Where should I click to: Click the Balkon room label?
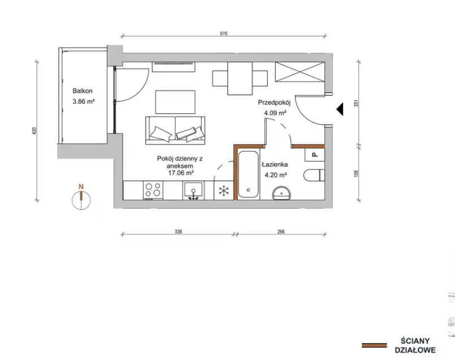coord(83,91)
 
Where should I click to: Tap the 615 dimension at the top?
coord(223,33)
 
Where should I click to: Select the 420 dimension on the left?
coord(34,132)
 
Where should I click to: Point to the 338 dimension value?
coord(178,232)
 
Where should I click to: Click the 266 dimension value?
coord(281,232)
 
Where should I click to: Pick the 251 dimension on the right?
coord(357,103)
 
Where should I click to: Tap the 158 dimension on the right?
coord(357,174)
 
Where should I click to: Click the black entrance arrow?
coord(340,109)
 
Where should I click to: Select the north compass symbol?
coord(81,198)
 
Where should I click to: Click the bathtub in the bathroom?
coord(248,175)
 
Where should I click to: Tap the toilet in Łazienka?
coord(314,175)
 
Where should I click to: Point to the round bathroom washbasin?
coord(281,193)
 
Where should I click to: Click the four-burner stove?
coord(153,190)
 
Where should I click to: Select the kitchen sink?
coord(193,190)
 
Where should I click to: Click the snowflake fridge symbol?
coord(224,190)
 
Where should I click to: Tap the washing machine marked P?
coord(315,155)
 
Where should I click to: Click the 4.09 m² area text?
coord(275,113)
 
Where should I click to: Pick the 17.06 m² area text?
coord(181,173)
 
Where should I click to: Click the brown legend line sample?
coord(374,345)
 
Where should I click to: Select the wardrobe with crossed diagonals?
coord(300,72)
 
